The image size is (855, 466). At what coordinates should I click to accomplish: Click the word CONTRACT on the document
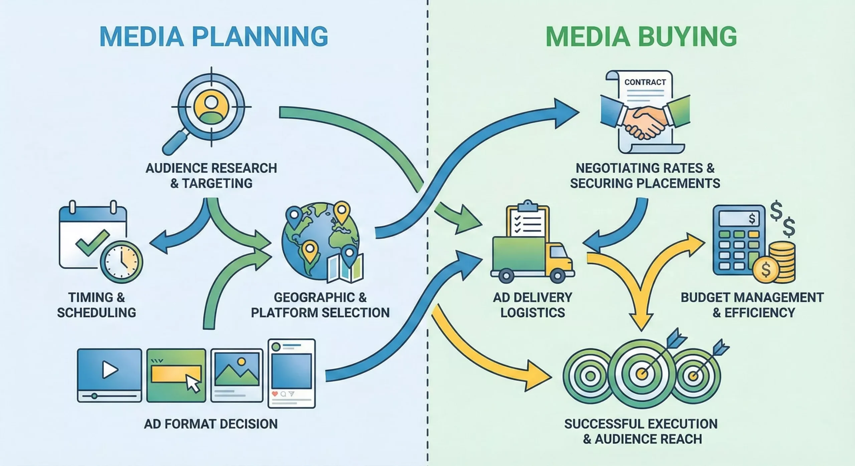[645, 82]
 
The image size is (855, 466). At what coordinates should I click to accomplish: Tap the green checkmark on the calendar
[92, 242]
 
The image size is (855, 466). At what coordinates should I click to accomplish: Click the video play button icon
[110, 370]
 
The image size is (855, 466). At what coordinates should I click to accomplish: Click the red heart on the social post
[275, 394]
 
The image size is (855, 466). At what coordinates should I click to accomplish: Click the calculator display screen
[739, 219]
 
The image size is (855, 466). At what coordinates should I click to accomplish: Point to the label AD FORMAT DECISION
[211, 424]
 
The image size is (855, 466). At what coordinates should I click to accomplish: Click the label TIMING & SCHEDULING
[97, 305]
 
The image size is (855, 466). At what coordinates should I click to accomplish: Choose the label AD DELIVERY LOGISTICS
[532, 305]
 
